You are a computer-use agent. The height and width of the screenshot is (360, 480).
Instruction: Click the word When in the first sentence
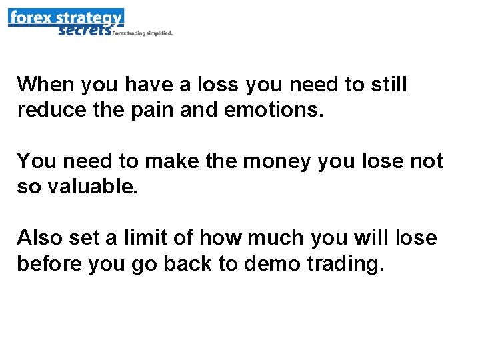(x=45, y=85)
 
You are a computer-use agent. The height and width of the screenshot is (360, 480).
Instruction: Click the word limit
(x=138, y=237)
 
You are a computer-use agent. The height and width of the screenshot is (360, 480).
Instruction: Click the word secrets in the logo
(x=83, y=30)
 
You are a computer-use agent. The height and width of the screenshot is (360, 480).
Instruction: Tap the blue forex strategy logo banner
(x=65, y=17)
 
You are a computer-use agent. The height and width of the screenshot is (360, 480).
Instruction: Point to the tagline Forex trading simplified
(x=143, y=32)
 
